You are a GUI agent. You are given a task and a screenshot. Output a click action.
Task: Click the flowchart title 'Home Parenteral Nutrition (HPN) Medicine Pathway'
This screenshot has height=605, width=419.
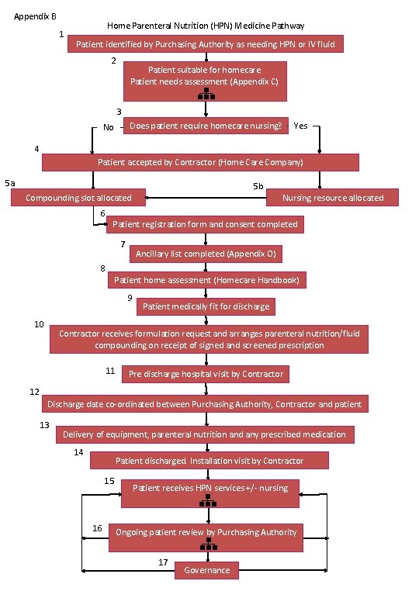(x=206, y=26)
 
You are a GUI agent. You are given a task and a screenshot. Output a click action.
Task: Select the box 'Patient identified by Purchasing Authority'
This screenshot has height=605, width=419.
(x=206, y=45)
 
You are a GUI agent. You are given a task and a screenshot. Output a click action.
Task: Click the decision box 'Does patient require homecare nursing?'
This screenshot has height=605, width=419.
(x=206, y=126)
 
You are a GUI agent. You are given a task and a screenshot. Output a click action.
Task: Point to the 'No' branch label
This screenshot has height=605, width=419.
(x=109, y=128)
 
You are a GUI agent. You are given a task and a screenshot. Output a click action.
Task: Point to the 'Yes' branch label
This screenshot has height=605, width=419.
(x=301, y=125)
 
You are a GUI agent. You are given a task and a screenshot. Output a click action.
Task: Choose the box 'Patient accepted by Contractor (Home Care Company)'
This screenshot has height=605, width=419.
(x=200, y=162)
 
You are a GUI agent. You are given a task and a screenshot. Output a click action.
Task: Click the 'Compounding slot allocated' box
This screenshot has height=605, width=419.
(x=78, y=198)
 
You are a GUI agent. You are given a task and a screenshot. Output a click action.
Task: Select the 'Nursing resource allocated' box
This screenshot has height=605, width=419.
(x=333, y=198)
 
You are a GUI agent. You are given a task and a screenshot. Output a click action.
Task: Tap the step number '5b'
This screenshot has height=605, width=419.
(x=258, y=186)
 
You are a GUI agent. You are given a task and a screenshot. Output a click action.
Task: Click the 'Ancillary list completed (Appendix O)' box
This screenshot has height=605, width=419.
(x=206, y=254)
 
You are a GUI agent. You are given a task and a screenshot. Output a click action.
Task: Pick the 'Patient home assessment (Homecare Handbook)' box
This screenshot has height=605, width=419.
(x=206, y=279)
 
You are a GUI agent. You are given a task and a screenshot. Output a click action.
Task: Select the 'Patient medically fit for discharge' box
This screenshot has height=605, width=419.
(x=206, y=306)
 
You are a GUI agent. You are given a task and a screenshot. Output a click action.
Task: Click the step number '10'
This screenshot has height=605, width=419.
(x=39, y=323)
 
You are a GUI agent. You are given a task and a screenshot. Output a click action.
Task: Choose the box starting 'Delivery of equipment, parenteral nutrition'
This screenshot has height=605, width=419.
(x=206, y=434)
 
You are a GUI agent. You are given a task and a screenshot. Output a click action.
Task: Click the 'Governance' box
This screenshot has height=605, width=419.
(x=206, y=570)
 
